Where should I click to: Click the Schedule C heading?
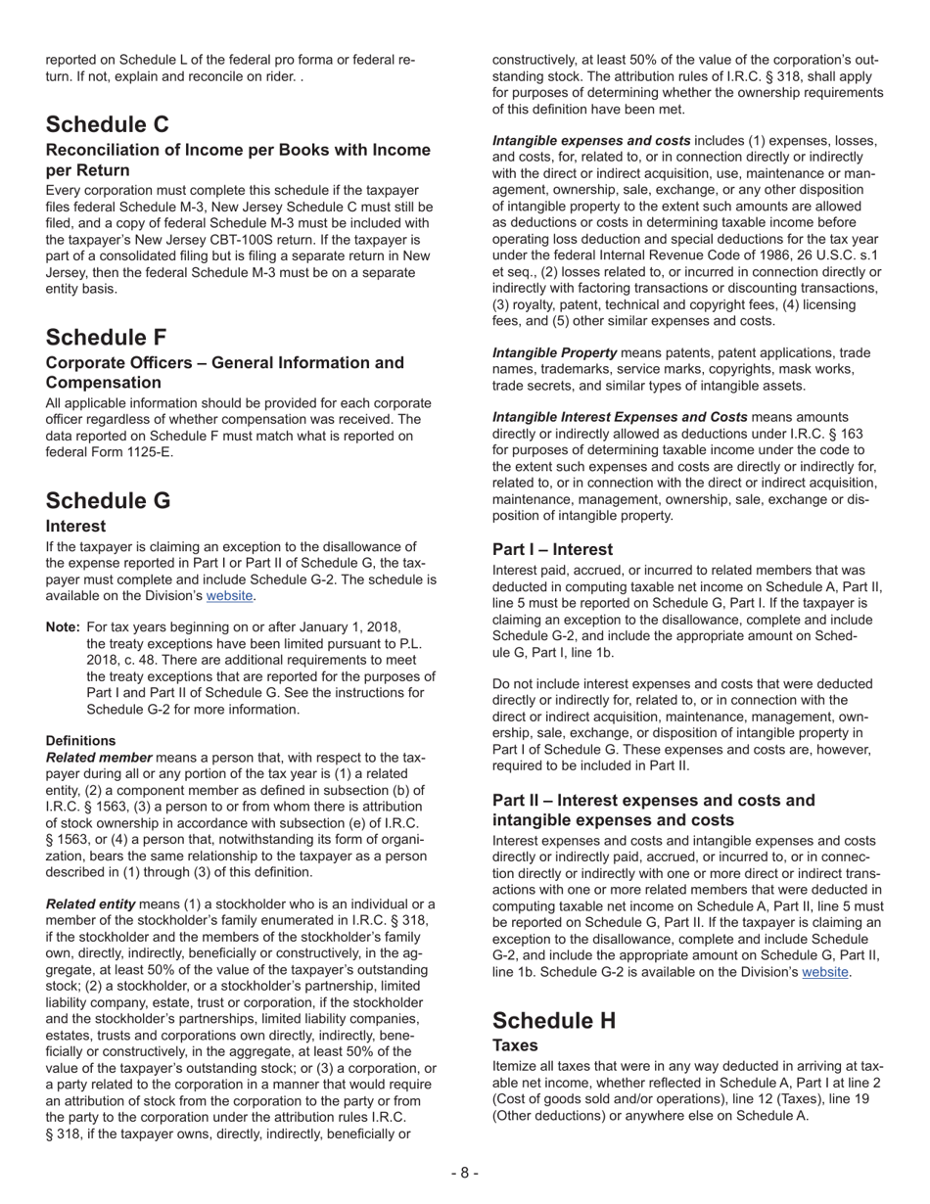coord(107,124)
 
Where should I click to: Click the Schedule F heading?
coord(106,338)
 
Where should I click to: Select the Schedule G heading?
coord(108,500)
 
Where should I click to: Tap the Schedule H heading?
coord(554,1020)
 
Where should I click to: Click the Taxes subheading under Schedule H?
coord(515,1045)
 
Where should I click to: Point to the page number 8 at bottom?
coord(465,1173)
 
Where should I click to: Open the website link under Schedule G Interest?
coord(229,595)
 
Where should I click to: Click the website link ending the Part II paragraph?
coord(825,972)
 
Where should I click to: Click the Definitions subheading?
coord(80,741)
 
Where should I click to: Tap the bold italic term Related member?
coord(99,758)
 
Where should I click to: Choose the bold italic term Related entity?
coord(90,903)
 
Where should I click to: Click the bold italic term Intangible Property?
coord(554,352)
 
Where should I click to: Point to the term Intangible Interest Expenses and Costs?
coord(620,417)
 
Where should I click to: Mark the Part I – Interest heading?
coord(552,549)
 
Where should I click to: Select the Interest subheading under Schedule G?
coord(75,526)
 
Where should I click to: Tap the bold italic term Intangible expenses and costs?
coord(590,140)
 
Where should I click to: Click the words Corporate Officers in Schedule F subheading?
coord(110,363)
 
